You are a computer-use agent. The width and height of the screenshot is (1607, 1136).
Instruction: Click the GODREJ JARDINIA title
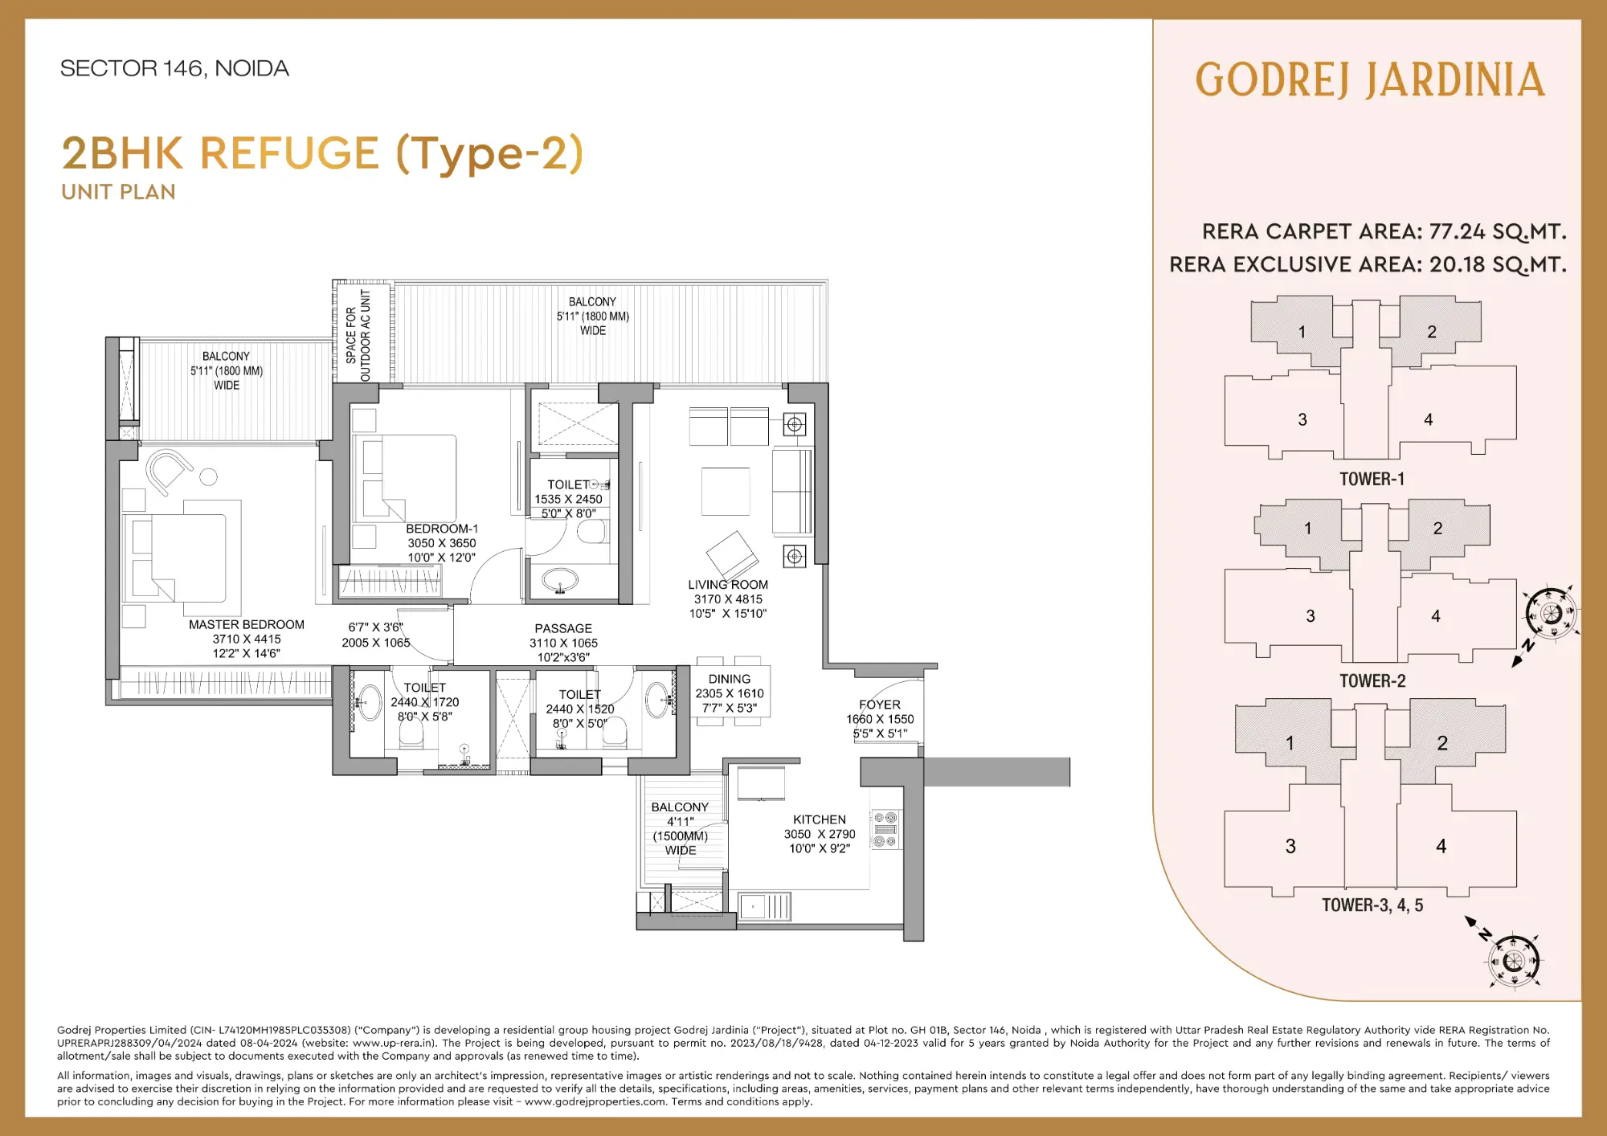click(x=1369, y=80)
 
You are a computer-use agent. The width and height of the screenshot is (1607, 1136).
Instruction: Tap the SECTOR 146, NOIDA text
click(x=174, y=68)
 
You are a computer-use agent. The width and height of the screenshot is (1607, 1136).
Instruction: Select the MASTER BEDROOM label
click(x=246, y=624)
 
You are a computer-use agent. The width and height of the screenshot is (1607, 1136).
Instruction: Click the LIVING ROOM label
click(x=727, y=585)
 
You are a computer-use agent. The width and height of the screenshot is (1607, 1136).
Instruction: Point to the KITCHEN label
click(x=819, y=819)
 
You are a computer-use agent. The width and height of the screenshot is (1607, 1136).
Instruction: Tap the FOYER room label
click(x=879, y=705)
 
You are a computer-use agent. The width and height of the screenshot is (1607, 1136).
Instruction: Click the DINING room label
click(x=729, y=679)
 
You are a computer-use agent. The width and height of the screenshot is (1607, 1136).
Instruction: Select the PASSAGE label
click(x=562, y=628)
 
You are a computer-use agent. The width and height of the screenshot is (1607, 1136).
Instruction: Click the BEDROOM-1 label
click(x=441, y=529)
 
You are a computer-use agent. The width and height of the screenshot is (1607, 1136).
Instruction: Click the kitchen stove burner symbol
click(x=885, y=830)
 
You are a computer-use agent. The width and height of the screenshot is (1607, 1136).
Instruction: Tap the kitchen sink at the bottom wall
click(x=764, y=906)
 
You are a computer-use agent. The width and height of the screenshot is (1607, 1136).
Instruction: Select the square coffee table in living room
click(x=725, y=491)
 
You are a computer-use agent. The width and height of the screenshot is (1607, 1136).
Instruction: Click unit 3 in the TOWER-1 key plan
click(x=1302, y=419)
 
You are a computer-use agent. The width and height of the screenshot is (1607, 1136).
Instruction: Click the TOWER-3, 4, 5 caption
click(x=1372, y=905)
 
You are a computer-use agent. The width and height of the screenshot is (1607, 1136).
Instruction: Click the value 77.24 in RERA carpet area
click(x=1457, y=231)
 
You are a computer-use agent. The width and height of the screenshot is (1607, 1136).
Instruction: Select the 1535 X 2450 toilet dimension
click(x=568, y=499)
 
